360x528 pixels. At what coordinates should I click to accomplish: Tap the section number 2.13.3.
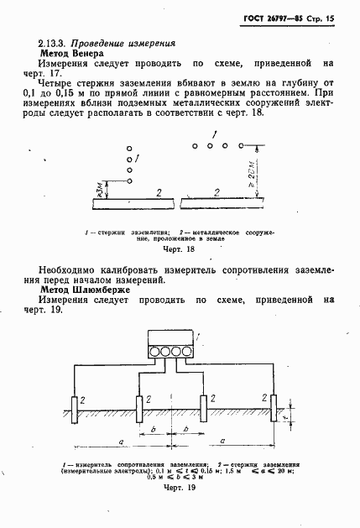point(52,42)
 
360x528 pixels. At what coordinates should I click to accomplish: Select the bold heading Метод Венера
point(70,52)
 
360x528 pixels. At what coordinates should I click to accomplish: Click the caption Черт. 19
point(180,488)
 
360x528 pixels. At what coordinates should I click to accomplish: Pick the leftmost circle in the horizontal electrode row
point(194,145)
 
